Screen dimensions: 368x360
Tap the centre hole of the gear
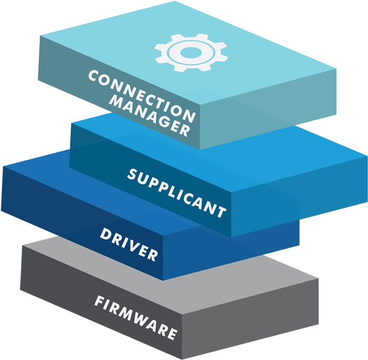[191, 52]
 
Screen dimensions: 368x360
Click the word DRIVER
[129, 245]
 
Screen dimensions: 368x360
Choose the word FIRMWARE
[135, 318]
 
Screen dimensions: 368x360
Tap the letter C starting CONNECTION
[94, 75]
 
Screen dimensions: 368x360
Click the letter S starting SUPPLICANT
[132, 174]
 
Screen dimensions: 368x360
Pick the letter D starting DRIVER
[105, 234]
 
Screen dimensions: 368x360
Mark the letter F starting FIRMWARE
[100, 301]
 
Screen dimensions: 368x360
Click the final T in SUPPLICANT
[221, 212]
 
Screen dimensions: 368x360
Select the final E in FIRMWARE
[172, 334]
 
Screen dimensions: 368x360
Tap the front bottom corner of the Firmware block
[182, 359]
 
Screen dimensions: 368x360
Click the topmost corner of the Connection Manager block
[175, 1]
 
